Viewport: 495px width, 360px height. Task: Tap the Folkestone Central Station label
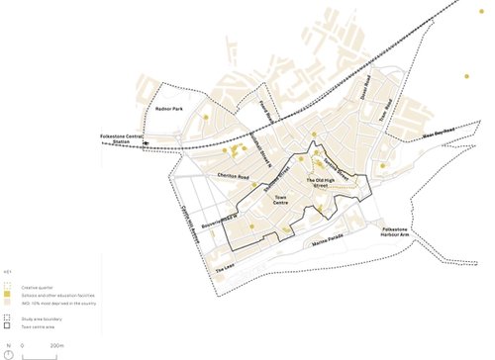point(120,139)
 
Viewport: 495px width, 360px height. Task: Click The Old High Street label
point(323,183)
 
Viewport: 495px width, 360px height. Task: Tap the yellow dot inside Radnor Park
point(205,118)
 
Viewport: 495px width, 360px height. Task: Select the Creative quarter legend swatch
point(8,286)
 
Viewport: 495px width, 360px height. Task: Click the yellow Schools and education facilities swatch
point(8,295)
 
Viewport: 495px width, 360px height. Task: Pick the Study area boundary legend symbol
point(8,318)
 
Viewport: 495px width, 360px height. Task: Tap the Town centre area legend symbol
point(8,326)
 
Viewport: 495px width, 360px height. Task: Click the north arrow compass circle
point(9,353)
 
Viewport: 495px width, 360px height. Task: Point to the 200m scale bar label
point(56,345)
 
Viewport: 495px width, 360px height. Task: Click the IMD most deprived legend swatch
point(8,303)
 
